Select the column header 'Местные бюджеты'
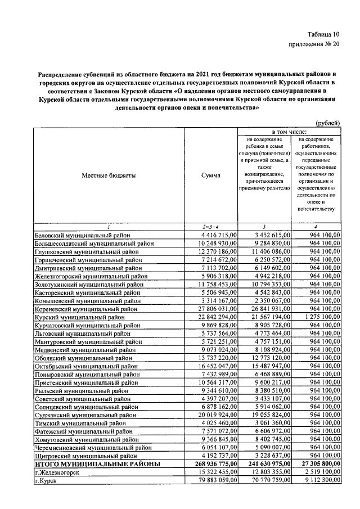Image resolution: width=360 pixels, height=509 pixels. tap(109, 175)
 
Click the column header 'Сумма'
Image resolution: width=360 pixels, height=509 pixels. tap(211, 175)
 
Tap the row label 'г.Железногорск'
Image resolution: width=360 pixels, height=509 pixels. tap(57, 472)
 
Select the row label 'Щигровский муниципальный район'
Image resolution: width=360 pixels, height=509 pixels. tap(85, 456)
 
